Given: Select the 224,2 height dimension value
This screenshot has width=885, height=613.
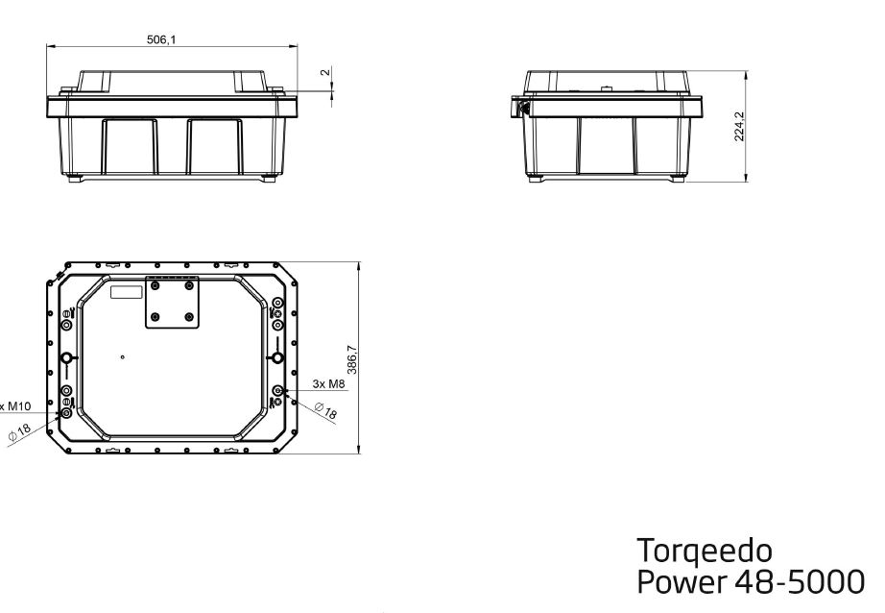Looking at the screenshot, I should click(739, 126).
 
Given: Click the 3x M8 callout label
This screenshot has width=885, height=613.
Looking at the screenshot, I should click(327, 384).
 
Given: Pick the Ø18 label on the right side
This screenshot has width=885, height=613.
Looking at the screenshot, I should click(326, 412).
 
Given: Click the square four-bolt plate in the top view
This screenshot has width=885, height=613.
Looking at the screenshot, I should click(172, 303).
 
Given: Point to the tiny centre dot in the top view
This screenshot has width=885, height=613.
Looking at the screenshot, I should click(123, 356).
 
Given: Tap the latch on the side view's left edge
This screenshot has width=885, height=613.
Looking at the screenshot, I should click(523, 105).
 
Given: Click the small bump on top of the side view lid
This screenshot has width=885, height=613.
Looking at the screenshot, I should click(608, 87).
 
